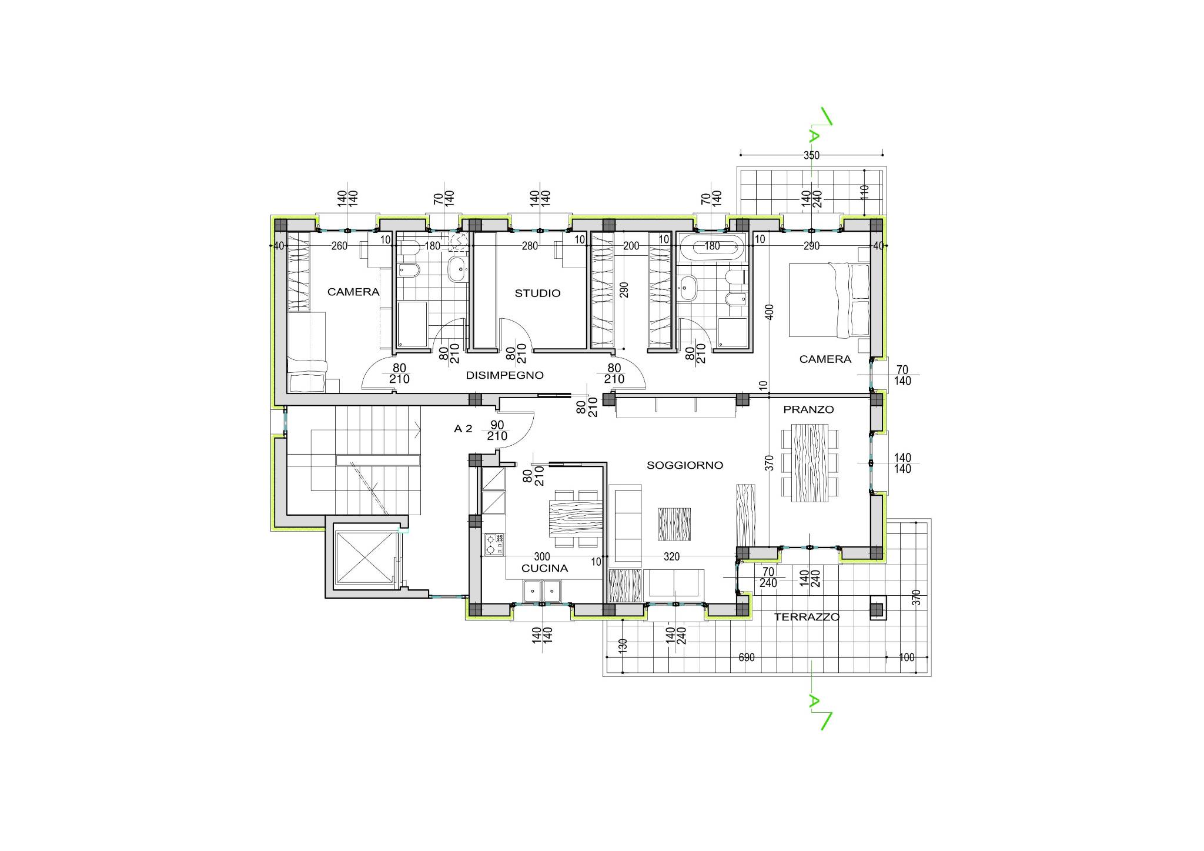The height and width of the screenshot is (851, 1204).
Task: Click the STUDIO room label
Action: click(x=537, y=293)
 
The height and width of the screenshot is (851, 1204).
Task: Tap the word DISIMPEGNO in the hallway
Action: click(x=504, y=375)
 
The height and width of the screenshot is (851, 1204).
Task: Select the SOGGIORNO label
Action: click(x=684, y=465)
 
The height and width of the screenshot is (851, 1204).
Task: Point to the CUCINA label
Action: click(x=544, y=568)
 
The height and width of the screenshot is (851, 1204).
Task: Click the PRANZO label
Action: click(x=808, y=409)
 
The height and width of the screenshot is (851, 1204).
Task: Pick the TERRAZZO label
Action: click(x=807, y=617)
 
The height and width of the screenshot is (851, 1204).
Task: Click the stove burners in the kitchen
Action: click(x=494, y=545)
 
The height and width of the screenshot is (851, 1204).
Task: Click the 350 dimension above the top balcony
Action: click(x=811, y=156)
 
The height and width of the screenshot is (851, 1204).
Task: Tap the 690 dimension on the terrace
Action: click(x=746, y=658)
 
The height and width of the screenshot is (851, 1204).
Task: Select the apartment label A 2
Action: click(x=463, y=429)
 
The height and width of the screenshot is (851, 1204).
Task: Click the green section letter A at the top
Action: click(x=814, y=136)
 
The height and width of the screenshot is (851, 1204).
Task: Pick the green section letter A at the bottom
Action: click(x=814, y=701)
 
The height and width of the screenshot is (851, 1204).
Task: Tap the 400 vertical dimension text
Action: click(x=770, y=312)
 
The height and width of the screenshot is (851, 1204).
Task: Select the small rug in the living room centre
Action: click(x=674, y=524)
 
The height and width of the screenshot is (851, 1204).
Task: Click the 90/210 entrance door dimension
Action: click(x=497, y=430)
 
